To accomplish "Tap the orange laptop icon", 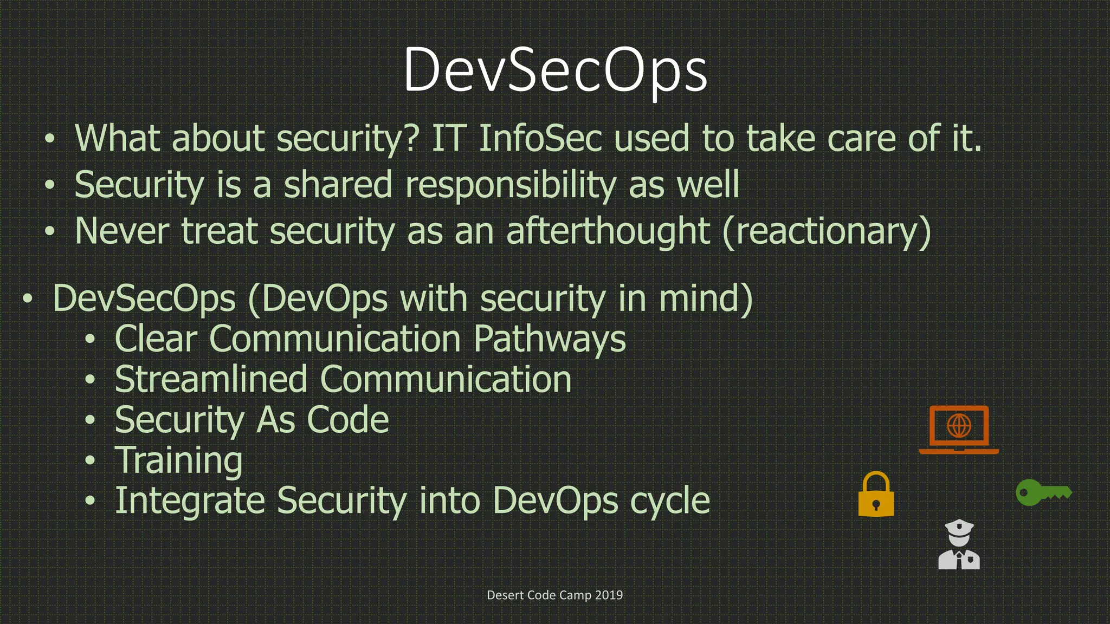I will [959, 430].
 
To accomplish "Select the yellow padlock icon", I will [876, 495].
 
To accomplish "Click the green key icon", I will [1043, 492].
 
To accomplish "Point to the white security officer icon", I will [959, 545].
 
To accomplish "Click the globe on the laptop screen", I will [959, 425].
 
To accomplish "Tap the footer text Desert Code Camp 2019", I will [554, 595].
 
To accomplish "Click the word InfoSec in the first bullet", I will [540, 139].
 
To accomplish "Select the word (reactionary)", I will [827, 232].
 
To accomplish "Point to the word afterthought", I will [608, 232].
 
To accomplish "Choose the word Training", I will [178, 461].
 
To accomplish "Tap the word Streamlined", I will [211, 379].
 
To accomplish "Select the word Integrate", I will [190, 501].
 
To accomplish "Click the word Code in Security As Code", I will [347, 420].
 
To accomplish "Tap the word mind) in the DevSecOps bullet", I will [706, 299].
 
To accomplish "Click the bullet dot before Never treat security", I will [50, 232].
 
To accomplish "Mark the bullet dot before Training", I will [90, 461].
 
